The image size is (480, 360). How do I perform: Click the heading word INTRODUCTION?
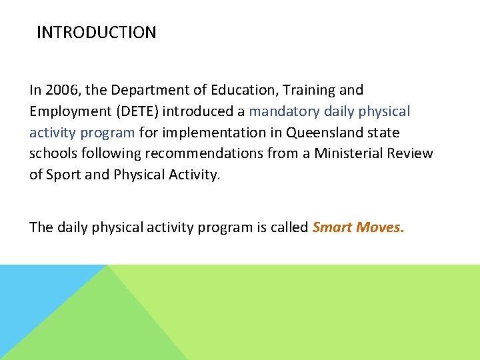coord(97,33)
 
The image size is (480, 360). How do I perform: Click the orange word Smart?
coord(332,227)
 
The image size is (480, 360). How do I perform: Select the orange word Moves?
coord(380,227)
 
